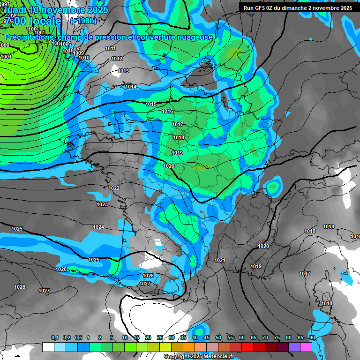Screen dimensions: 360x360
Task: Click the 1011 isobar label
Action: coord(111,49)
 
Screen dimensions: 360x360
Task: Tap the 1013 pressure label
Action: coord(123,71)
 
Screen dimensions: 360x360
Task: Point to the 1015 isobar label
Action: coord(151,105)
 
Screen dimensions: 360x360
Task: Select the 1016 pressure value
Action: coord(167,112)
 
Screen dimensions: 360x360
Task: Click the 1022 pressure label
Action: coord(114,188)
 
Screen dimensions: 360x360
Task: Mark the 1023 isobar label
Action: coord(102,205)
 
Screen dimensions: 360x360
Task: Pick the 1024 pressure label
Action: coord(98,227)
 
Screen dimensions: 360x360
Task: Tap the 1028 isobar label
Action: coord(20,287)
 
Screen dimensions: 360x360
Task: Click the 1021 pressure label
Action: coord(219,260)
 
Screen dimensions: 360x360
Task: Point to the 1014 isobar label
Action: coord(131,87)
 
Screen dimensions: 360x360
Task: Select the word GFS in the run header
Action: coord(262,8)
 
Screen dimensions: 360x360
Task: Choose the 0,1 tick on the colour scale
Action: coord(54,338)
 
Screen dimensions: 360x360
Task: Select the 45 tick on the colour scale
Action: coord(207,338)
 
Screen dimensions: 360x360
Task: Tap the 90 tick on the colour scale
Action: coord(312,338)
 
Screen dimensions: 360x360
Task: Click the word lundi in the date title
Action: coord(15,9)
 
